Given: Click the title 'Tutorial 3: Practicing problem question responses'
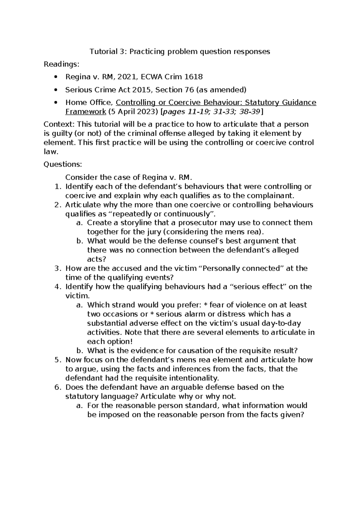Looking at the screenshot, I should click(x=180, y=52).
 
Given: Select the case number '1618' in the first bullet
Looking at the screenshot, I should click(x=193, y=77).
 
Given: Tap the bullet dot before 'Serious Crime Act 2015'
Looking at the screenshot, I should click(x=55, y=90).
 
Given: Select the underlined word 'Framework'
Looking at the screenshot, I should click(x=85, y=112).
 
